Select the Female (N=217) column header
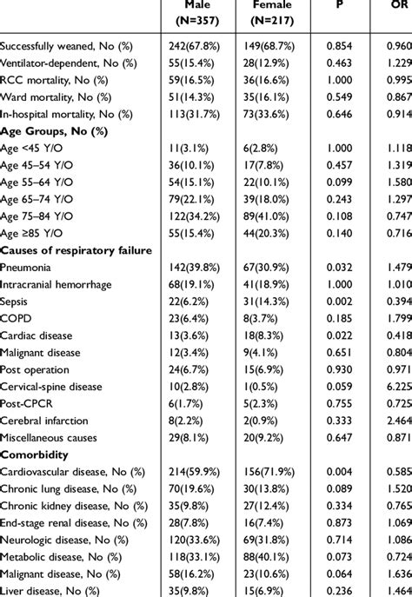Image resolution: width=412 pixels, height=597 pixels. (x=272, y=12)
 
